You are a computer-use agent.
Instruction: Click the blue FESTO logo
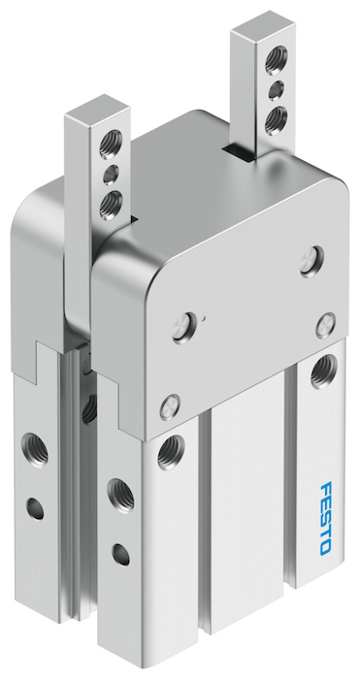coord(326,517)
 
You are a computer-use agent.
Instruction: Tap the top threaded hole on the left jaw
coord(111,145)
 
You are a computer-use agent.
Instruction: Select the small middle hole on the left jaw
coord(111,175)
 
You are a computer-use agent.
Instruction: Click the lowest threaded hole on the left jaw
coord(111,205)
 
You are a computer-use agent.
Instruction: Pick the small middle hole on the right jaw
coord(276,90)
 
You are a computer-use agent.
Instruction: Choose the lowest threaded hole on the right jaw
coord(276,120)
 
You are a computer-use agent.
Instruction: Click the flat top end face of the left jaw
coord(97,112)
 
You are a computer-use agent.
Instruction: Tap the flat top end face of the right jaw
coord(263,28)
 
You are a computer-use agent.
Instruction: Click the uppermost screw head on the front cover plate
coord(311,262)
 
